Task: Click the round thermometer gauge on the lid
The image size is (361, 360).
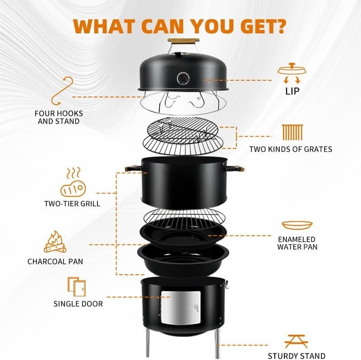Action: pyautogui.click(x=183, y=79)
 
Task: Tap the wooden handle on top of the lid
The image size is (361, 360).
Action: pyautogui.click(x=183, y=41)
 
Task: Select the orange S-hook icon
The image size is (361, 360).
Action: pyautogui.click(x=62, y=91)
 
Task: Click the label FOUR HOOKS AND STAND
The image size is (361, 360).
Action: pyautogui.click(x=59, y=117)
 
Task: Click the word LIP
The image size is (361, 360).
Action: pyautogui.click(x=292, y=91)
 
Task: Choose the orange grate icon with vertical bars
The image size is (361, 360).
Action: pyautogui.click(x=292, y=133)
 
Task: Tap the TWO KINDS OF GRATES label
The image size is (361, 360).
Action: pyautogui.click(x=291, y=149)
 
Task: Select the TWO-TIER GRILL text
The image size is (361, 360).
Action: pyautogui.click(x=72, y=204)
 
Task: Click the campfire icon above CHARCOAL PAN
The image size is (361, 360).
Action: pyautogui.click(x=55, y=242)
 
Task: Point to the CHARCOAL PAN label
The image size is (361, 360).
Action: pyautogui.click(x=55, y=262)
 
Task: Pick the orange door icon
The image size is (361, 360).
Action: pyautogui.click(x=77, y=286)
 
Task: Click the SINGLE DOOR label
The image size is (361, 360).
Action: pyautogui.click(x=78, y=304)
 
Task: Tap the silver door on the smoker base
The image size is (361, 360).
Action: pyautogui.click(x=181, y=308)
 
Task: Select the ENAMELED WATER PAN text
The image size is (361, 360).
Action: pyautogui.click(x=297, y=243)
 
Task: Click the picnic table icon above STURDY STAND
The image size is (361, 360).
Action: pyautogui.click(x=296, y=341)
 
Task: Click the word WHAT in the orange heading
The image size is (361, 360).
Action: pyautogui.click(x=104, y=27)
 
